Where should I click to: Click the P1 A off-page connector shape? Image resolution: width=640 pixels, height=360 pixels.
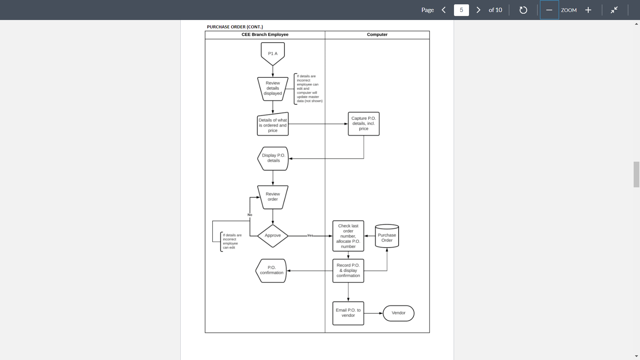pos(273,53)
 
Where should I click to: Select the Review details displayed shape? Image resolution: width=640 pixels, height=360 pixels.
pos(273,88)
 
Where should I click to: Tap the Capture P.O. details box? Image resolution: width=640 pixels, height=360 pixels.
pos(363,124)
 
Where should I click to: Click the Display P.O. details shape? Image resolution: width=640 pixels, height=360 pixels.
pos(273,158)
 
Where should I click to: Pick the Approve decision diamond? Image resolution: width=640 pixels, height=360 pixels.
pos(273,236)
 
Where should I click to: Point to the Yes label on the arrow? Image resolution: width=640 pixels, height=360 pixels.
pos(310,236)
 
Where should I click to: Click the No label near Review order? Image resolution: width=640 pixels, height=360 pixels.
pos(250,215)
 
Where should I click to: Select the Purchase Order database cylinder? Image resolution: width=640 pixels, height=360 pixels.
pos(387,236)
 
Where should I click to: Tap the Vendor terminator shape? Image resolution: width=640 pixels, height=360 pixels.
pos(398,313)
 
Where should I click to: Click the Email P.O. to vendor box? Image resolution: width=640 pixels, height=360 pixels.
pos(348,313)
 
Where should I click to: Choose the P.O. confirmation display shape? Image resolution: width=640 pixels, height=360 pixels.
pos(271,270)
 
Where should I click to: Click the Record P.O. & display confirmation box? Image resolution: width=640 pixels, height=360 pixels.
pos(348,270)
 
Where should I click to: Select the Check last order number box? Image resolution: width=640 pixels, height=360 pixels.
pos(348,236)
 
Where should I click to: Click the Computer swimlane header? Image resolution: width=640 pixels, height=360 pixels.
pos(377,35)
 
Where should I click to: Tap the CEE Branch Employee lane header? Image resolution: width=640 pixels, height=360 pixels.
pos(265,35)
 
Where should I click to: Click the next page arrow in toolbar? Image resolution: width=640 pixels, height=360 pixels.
pos(478,10)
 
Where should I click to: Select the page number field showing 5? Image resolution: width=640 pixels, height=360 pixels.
pos(461,10)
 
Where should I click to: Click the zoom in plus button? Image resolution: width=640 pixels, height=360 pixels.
pos(588,10)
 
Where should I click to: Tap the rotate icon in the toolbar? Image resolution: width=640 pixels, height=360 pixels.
pos(523,10)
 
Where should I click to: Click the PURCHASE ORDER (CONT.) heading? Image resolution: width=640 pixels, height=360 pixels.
pos(235,27)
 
